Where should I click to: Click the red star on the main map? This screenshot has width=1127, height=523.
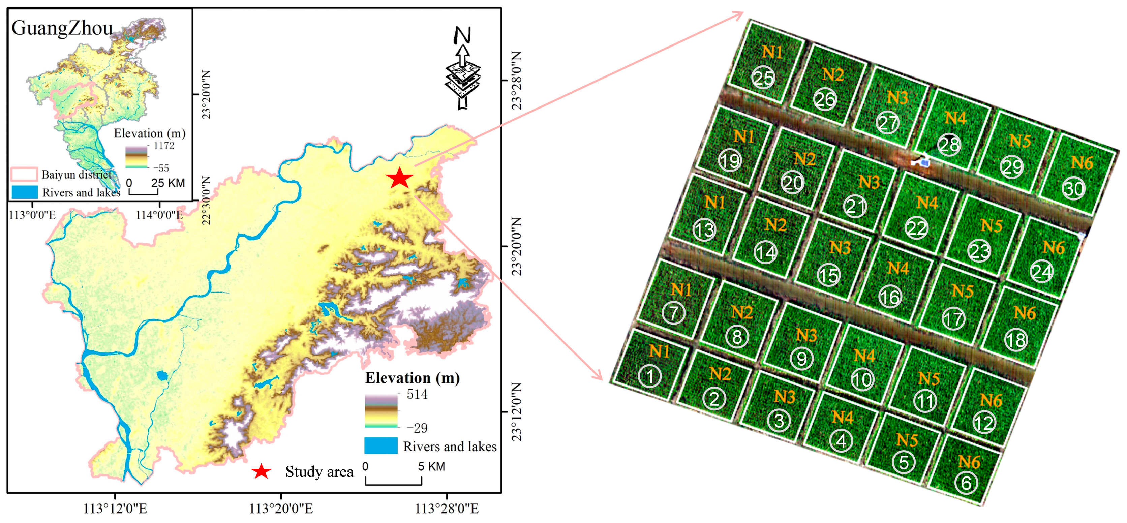point(399,178)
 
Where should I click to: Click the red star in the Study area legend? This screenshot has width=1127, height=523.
point(262,471)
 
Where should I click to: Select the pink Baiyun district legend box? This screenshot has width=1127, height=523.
point(24,174)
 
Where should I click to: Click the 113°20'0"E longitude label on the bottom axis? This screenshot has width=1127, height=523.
point(281,509)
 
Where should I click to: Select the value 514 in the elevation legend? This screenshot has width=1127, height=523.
point(417,394)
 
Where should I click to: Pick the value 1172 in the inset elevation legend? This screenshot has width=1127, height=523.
point(164,146)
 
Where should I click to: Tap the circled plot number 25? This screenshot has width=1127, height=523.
point(763,78)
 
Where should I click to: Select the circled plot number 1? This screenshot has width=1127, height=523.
point(650,376)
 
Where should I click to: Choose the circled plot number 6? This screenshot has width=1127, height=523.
point(966,483)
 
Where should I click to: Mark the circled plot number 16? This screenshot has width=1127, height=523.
point(890,297)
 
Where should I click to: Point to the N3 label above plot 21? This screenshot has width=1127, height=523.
point(869,182)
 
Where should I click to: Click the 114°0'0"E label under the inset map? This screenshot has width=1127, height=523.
point(159,215)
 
